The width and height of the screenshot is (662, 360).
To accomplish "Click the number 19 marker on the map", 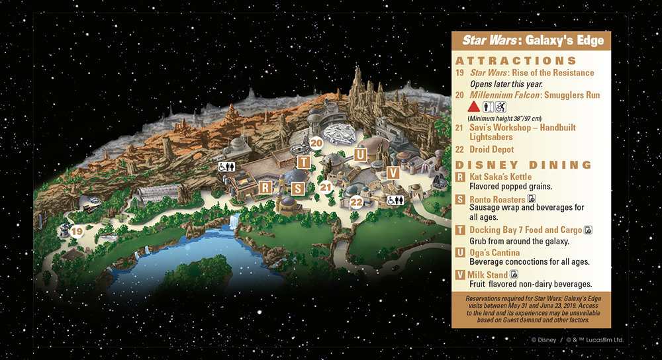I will click(77, 231).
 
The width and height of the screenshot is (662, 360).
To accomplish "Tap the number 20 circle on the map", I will click(316, 142).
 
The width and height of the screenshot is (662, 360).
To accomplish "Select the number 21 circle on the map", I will click(325, 187).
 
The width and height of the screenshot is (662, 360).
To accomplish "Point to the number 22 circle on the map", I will click(357, 201).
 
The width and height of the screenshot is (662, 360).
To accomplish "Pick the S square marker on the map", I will click(298, 188).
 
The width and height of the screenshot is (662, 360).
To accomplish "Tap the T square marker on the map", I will click(303, 161).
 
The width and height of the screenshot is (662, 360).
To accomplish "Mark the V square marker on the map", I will click(393, 173).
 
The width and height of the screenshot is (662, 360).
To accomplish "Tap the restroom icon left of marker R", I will click(228, 167).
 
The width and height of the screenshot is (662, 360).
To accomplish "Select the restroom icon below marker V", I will click(396, 199).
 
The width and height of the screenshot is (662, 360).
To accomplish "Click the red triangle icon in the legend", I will click(473, 107).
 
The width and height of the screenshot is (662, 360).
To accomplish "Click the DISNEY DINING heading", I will click(522, 165).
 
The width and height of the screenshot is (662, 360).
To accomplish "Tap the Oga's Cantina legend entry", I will click(495, 253).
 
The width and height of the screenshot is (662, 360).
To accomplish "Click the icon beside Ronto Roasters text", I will click(531, 199).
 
